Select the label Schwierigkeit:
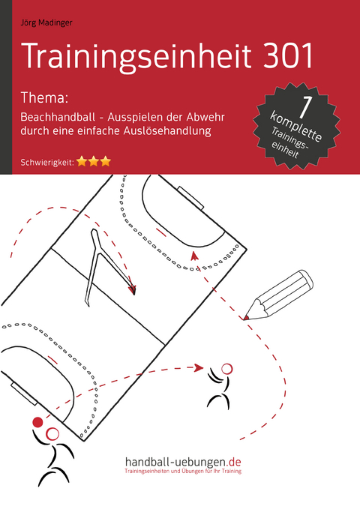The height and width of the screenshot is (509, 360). pos(43,160)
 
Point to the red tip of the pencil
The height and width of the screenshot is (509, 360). pos(247,318)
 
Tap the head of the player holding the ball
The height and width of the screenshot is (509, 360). pos(52,433)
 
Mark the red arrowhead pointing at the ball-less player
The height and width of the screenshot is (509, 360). pos(199,367)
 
